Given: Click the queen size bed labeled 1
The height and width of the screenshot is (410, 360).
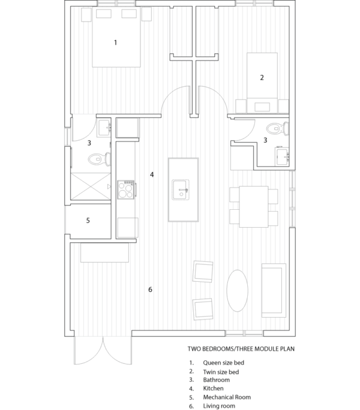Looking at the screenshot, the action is coord(116,37).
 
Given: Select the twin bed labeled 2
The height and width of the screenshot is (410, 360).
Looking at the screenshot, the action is coord(262,83).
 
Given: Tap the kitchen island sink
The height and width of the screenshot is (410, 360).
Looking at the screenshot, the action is coord(181,190).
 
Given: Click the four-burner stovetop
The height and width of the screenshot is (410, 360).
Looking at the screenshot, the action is coord(126,189).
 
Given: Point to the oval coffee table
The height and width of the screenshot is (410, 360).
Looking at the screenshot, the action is coord(237,291).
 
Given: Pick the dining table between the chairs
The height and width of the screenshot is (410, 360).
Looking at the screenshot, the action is coord(253,207).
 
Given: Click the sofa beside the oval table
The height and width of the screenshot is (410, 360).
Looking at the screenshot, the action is coord(274,290).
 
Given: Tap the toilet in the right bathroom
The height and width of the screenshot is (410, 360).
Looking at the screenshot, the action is coord(278,129).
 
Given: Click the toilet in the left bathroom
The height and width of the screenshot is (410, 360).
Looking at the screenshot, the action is coord(100,159).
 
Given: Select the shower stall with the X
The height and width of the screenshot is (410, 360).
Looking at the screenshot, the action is coord(91,186).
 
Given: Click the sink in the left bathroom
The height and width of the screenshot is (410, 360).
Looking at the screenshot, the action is coord(104,127).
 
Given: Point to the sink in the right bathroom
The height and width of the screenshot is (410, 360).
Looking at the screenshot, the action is coord(282,156).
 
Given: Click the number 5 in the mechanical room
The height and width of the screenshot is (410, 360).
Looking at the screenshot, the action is coord(88,221).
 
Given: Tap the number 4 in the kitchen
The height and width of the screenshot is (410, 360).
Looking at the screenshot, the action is coord(152,174).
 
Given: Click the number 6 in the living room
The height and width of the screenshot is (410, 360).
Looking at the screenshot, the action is coord(150,290).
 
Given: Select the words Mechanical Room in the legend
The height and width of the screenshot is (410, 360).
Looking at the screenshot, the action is coord(227,397).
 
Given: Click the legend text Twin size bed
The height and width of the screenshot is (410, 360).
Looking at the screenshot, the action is coord(221,372).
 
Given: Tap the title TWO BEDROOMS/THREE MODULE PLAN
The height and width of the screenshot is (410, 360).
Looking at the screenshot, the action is coord(241,349).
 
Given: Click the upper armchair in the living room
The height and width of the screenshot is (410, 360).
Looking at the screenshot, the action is coord(203,272).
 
